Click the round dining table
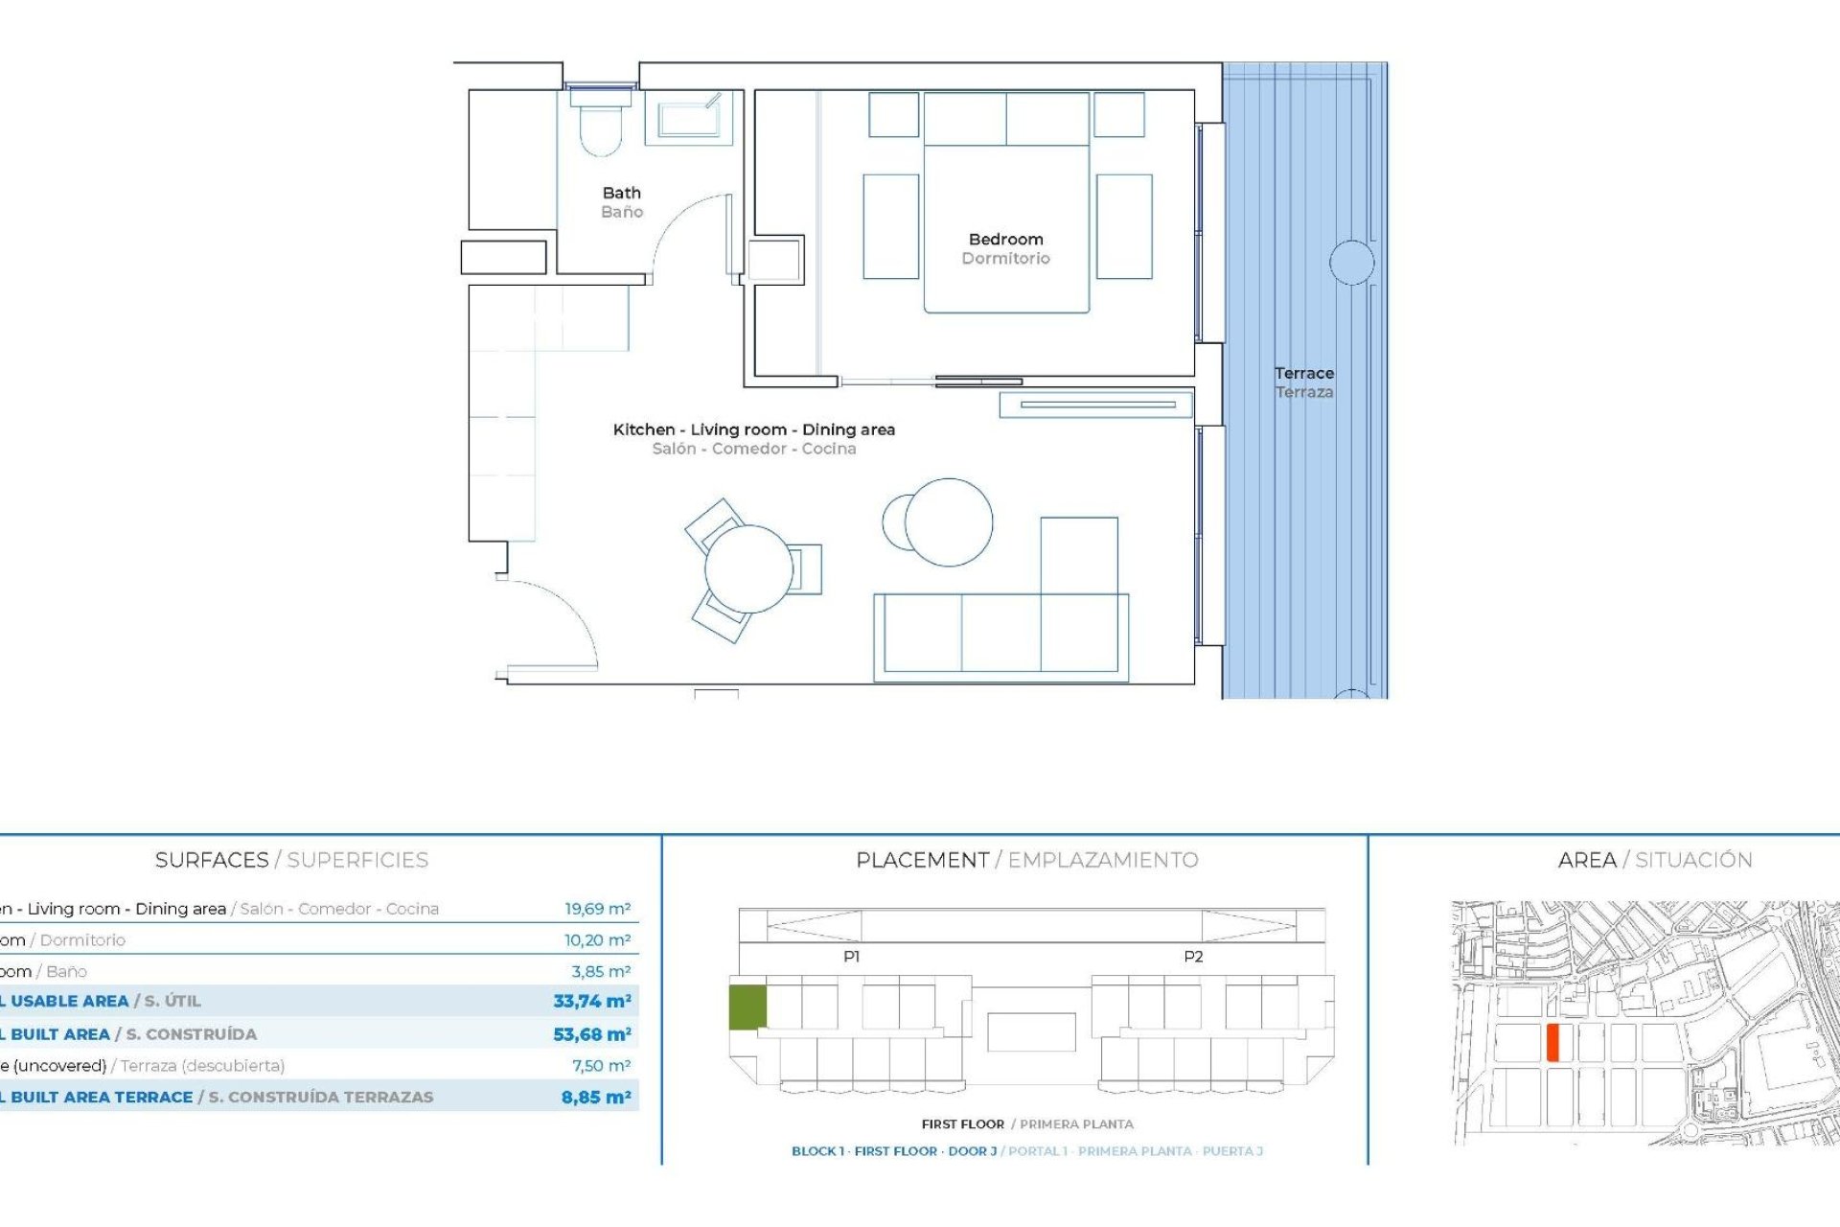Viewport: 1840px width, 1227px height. point(748,569)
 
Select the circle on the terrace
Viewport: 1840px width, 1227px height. point(1351,262)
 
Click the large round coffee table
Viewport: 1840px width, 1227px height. point(948,522)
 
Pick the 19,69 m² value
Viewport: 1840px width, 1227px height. point(597,909)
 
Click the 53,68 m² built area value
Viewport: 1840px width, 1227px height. point(591,1034)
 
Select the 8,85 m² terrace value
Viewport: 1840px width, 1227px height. point(595,1097)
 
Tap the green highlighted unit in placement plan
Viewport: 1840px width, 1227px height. point(747,1007)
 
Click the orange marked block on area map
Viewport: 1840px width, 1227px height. point(1552,1042)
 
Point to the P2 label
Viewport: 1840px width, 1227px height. point(1192,956)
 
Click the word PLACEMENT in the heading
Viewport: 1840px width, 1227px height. point(922,860)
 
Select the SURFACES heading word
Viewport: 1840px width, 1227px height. point(212,860)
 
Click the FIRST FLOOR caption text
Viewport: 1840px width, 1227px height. point(962,1123)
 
